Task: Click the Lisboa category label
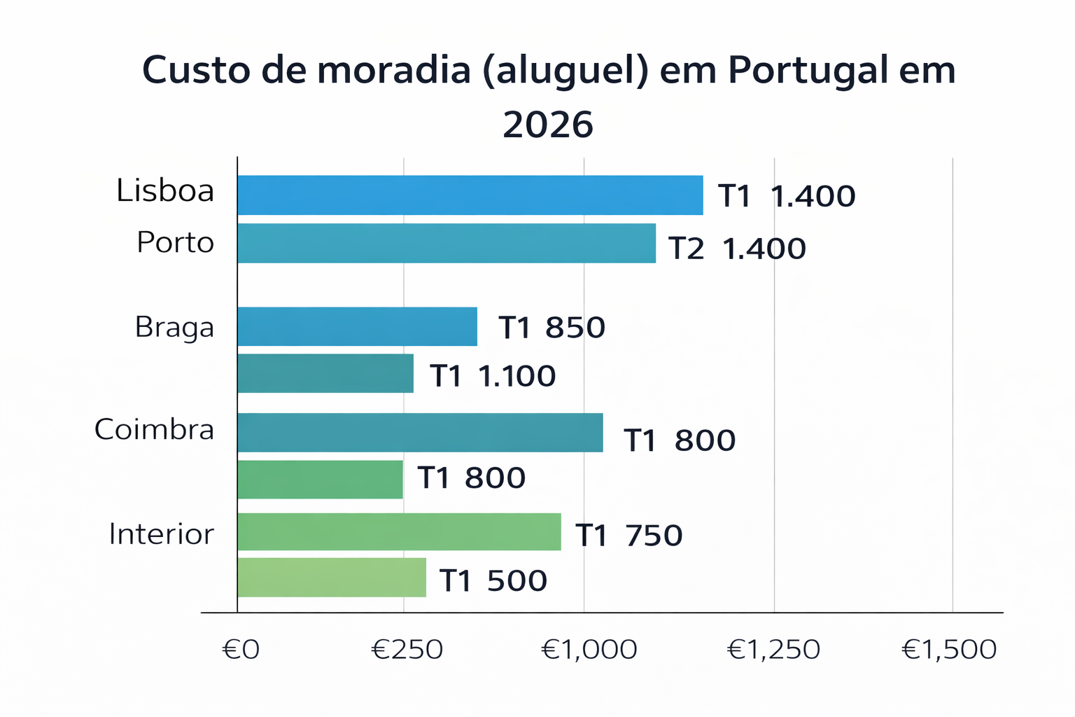pos(165,190)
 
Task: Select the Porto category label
pos(175,242)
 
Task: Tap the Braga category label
pos(174,327)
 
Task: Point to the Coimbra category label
pos(154,429)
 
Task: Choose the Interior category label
pos(161,534)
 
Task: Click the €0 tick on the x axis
pos(241,650)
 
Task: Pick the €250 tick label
pos(407,650)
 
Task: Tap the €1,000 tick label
pos(589,650)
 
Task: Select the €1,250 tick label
pos(773,650)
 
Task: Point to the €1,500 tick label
pos(949,650)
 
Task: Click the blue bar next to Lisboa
pos(470,195)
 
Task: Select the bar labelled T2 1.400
pos(447,243)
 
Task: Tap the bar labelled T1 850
pos(357,326)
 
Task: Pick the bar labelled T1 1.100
pos(325,373)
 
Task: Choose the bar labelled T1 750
pos(399,531)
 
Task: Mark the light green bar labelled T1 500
pos(332,578)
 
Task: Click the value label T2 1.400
pos(737,249)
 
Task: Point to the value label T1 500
pos(493,580)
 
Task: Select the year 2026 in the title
pos(548,125)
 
